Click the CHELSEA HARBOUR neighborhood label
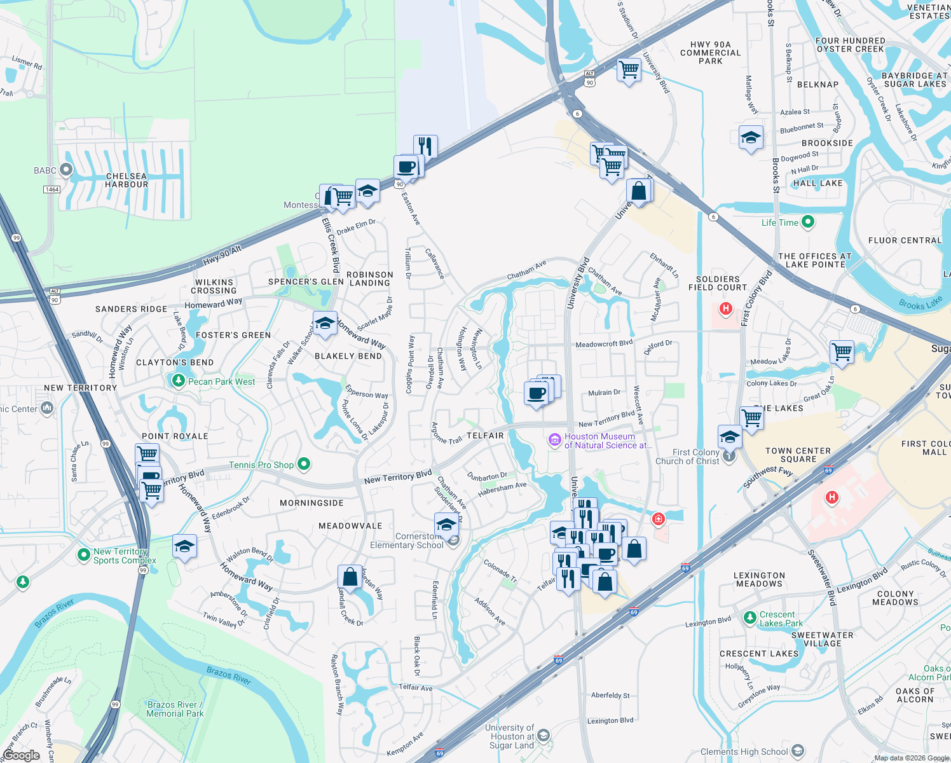(x=127, y=181)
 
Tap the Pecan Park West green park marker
(x=179, y=381)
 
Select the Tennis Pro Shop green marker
(x=304, y=464)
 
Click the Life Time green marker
(x=808, y=222)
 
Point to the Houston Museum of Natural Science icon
(x=554, y=439)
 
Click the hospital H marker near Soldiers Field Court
(x=725, y=309)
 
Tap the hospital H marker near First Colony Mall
(x=831, y=497)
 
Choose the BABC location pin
(x=65, y=170)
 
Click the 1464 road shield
(x=52, y=189)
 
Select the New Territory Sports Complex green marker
(x=83, y=555)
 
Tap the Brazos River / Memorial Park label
(x=175, y=709)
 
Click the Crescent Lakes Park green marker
(x=750, y=617)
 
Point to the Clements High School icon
(x=798, y=751)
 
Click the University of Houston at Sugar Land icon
(x=543, y=736)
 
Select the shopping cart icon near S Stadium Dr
(x=629, y=69)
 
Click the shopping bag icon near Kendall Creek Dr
(x=350, y=577)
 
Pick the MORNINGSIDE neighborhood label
(x=311, y=503)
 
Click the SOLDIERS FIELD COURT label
(x=718, y=283)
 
